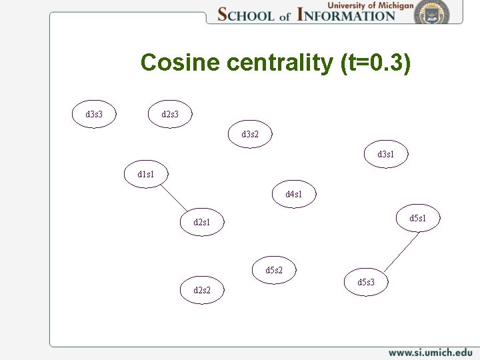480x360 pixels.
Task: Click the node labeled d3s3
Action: click(94, 114)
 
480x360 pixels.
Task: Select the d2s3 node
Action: click(170, 114)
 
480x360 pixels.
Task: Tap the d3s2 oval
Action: click(250, 134)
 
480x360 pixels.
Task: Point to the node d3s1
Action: click(386, 154)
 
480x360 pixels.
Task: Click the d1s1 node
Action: click(146, 174)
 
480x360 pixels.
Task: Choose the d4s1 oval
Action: click(294, 194)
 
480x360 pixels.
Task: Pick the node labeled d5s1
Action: click(418, 218)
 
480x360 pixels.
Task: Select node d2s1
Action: click(202, 222)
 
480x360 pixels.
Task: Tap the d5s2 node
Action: click(274, 270)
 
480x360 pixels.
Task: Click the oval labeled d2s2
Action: click(202, 290)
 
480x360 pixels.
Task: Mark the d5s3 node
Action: click(366, 282)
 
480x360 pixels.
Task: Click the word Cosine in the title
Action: click(180, 63)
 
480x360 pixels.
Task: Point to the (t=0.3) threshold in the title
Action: click(375, 63)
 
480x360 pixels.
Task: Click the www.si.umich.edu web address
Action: click(430, 352)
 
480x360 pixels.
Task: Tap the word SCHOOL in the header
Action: click(246, 15)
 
